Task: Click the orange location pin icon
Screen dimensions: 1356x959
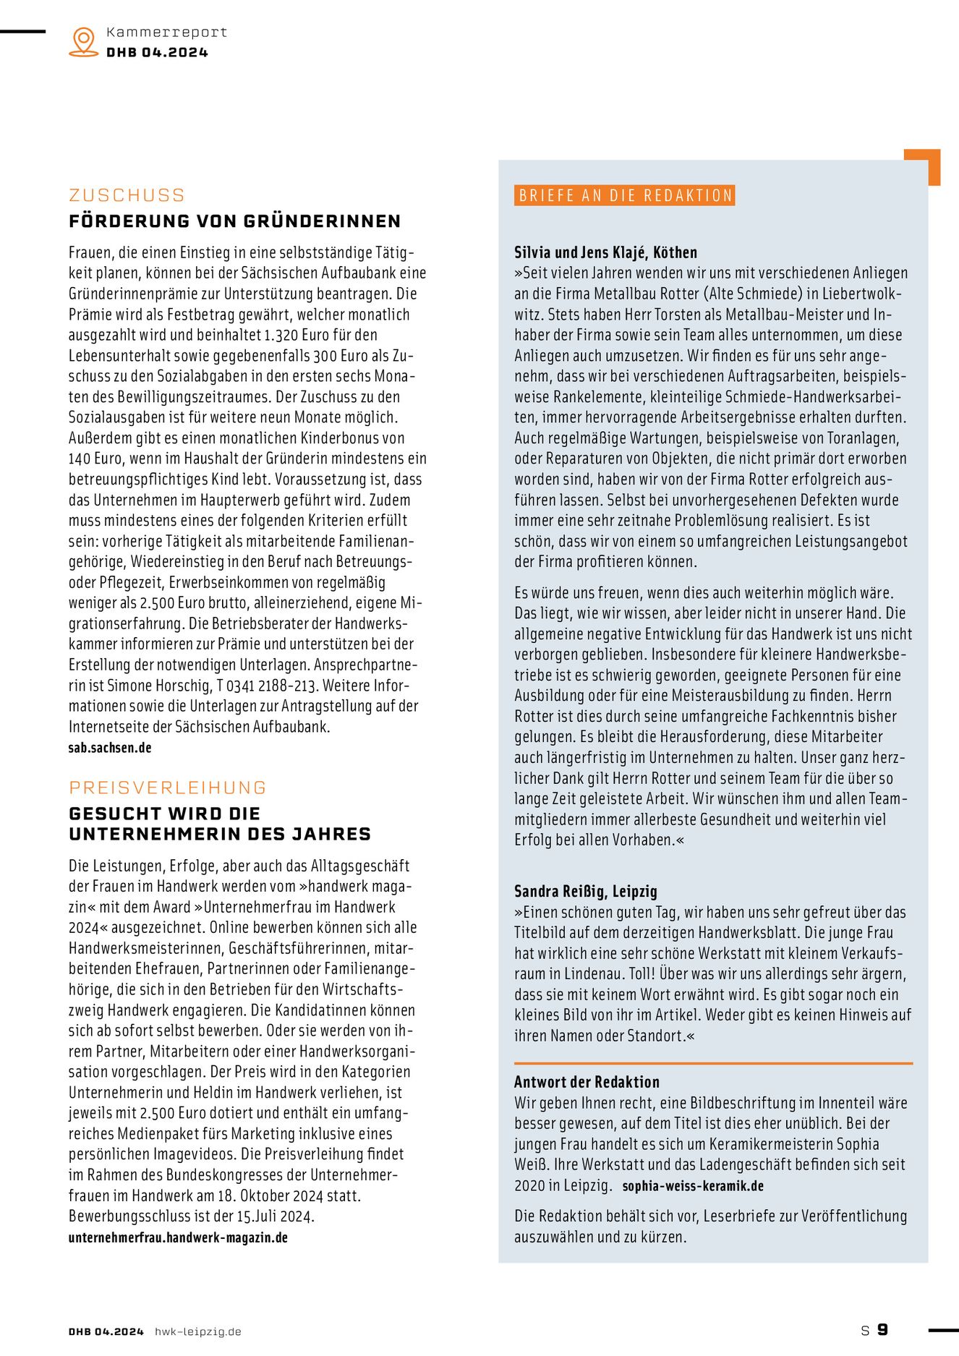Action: [x=84, y=41]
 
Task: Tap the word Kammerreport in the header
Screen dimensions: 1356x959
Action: [x=166, y=32]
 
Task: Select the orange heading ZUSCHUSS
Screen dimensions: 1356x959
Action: [x=127, y=195]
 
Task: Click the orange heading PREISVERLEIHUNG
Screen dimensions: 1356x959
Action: [x=168, y=788]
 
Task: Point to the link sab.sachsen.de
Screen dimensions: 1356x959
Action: [x=110, y=748]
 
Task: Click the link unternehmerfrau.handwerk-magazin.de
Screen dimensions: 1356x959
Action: [x=178, y=1237]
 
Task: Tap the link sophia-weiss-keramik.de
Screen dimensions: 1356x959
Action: [x=693, y=1186]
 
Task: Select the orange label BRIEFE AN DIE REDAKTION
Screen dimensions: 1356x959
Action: [x=625, y=195]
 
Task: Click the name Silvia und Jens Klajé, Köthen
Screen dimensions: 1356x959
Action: [x=605, y=252]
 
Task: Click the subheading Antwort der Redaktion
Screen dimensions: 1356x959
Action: [x=587, y=1082]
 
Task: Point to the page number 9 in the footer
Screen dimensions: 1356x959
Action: [x=882, y=1329]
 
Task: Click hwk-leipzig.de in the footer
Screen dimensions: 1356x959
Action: [x=198, y=1331]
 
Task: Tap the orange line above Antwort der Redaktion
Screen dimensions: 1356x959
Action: [x=712, y=1063]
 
